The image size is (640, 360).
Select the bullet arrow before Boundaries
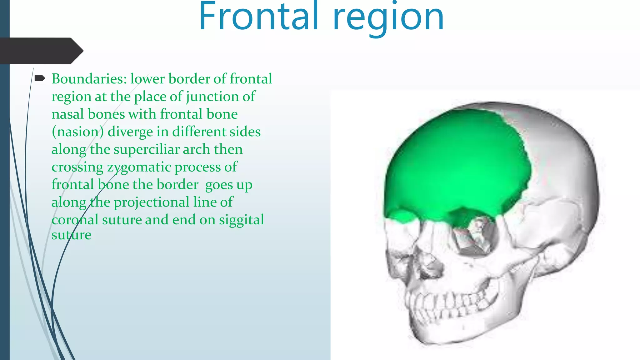(x=40, y=78)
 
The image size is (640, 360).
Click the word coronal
(x=75, y=220)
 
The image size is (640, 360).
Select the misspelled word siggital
(x=241, y=220)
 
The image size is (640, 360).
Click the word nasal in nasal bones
(x=67, y=114)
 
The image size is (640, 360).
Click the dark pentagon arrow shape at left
(x=41, y=51)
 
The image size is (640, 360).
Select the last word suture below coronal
(x=71, y=235)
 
